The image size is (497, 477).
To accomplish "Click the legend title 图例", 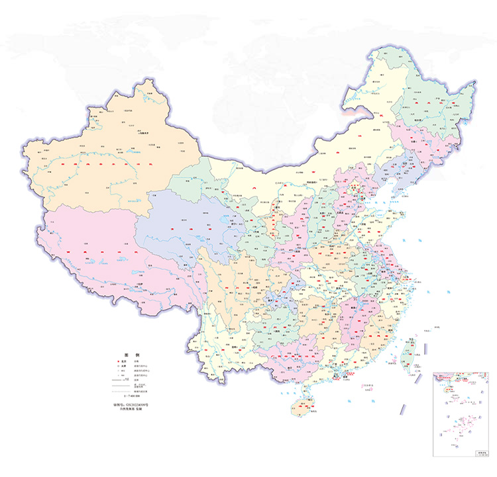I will click(x=130, y=355).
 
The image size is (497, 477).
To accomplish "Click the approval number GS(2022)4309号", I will click(x=129, y=403).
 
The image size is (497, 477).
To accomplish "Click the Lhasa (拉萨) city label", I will click(x=138, y=284).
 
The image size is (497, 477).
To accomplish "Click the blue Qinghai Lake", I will click(x=218, y=219).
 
